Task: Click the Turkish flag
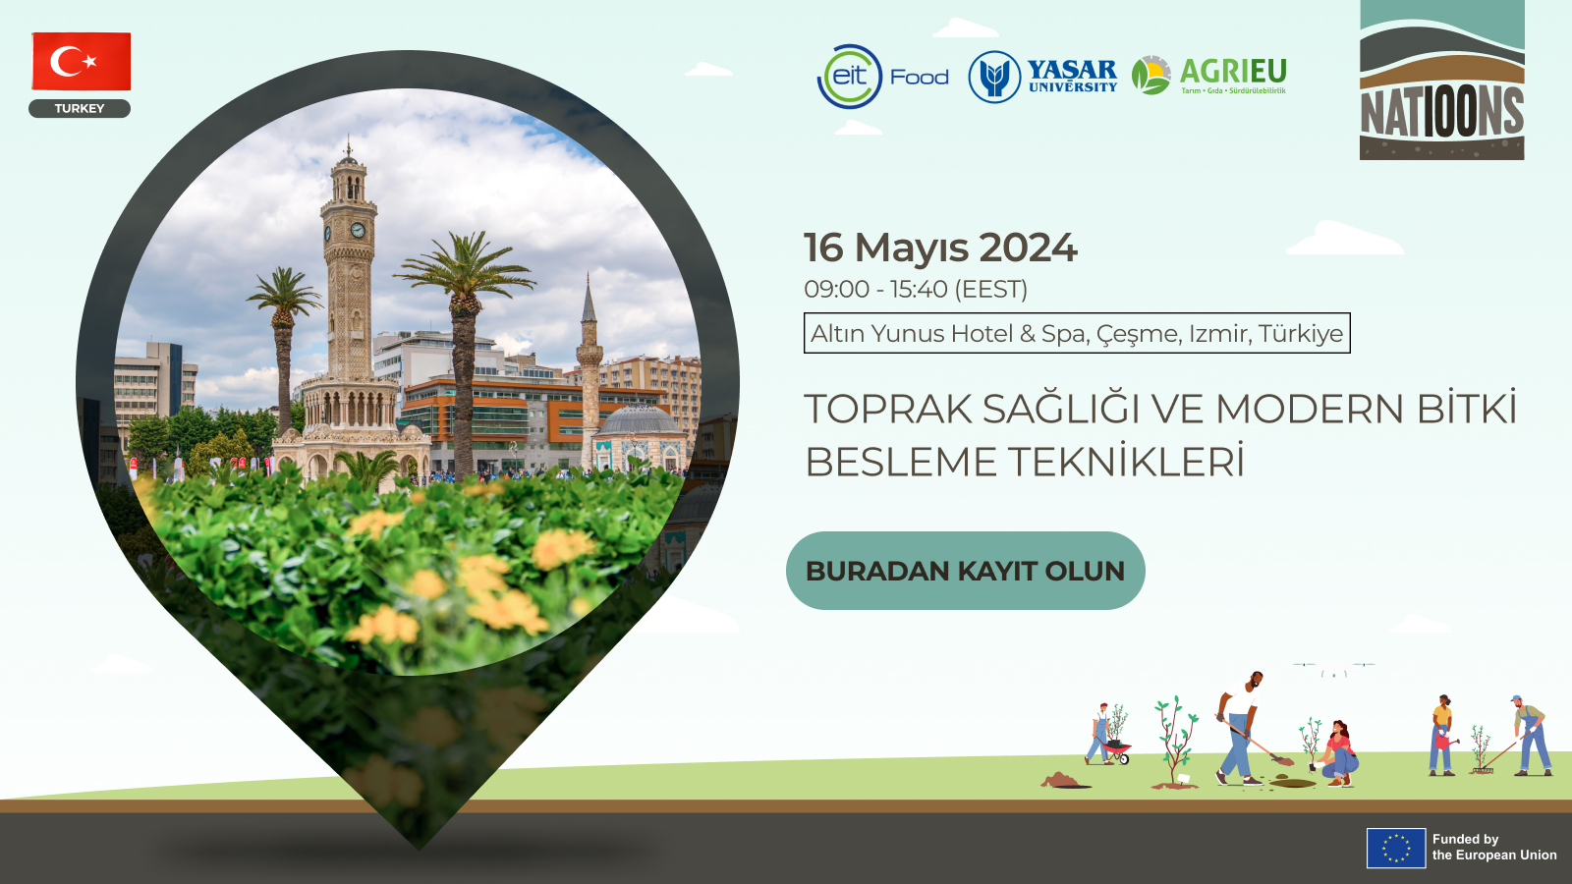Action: click(82, 61)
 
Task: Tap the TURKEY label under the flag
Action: click(80, 109)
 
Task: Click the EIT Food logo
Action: click(883, 77)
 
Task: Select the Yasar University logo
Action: click(1042, 77)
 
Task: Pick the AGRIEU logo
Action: click(1209, 76)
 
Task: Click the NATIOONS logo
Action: click(1441, 80)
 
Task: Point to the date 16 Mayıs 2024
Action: click(940, 248)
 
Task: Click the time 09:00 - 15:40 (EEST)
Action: click(916, 289)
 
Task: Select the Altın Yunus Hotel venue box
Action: click(1077, 333)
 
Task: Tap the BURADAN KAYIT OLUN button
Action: click(966, 571)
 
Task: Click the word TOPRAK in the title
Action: click(888, 409)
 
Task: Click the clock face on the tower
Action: click(358, 230)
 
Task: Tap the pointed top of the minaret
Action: click(589, 277)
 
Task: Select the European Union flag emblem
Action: click(1396, 848)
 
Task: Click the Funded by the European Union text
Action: click(1494, 847)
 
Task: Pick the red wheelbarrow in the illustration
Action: click(1116, 751)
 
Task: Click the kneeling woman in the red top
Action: click(1338, 754)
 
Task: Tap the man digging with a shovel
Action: click(1239, 728)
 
